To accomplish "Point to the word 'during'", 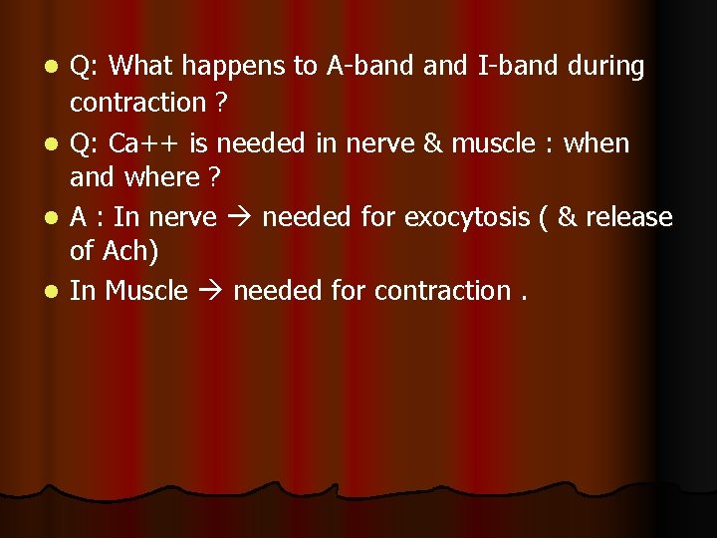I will point(606,67).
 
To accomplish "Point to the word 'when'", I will point(597,143).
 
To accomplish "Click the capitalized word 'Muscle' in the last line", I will point(146,291).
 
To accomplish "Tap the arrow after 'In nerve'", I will point(240,218).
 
